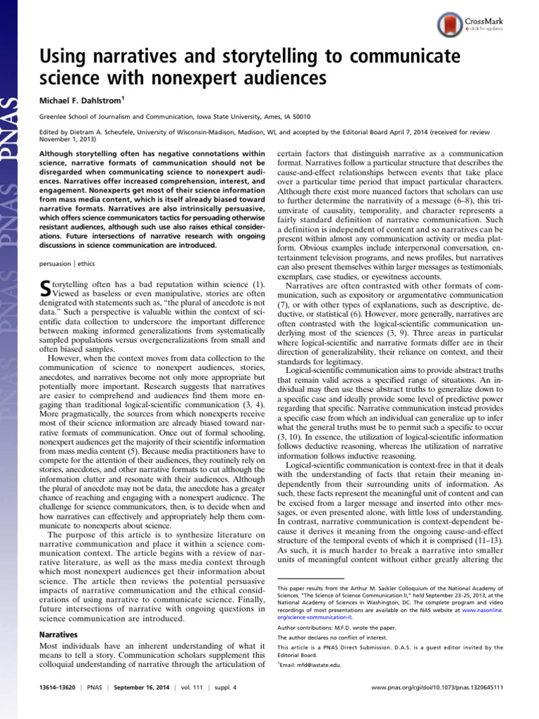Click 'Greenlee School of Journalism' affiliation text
[98, 116]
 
